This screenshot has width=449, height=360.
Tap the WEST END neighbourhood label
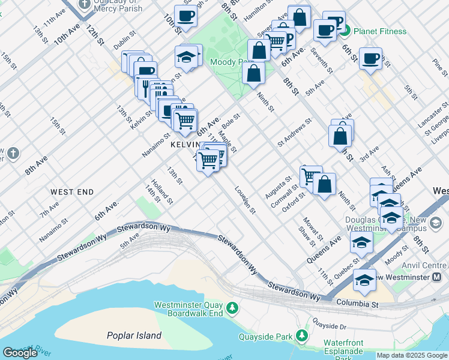click(72, 192)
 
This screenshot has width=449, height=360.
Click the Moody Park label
click(226, 62)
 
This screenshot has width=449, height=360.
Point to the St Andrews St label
click(294, 132)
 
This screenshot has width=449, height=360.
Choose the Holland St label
click(161, 190)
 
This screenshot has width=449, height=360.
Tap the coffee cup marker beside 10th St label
click(185, 17)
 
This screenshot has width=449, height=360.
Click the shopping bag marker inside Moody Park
click(254, 73)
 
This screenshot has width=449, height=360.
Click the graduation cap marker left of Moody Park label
click(187, 57)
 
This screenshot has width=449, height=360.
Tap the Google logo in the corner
click(20, 353)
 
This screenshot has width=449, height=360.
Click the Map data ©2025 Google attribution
click(411, 355)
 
